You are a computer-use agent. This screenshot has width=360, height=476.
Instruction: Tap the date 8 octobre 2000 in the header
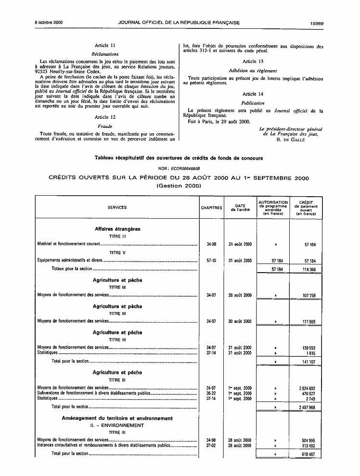coord(49,23)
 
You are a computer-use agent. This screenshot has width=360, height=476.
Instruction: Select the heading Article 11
coord(105,45)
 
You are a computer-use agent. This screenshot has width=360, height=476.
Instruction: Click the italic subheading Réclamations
coord(105,54)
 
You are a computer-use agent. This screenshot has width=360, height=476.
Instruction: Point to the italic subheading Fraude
coord(105,126)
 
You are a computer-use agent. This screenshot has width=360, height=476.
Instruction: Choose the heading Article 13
coord(253,61)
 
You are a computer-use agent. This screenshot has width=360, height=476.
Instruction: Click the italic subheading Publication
coord(253,103)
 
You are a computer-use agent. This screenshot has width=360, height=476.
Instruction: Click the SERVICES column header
coord(117,208)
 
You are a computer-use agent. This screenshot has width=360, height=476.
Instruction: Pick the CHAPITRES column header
coord(211,208)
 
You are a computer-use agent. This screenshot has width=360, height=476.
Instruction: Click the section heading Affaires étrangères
coord(117,229)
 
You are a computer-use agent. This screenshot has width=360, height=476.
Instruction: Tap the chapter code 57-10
coord(211,261)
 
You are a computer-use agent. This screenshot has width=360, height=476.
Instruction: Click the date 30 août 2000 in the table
coord(240,321)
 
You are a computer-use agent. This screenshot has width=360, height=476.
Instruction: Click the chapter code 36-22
coord(211,393)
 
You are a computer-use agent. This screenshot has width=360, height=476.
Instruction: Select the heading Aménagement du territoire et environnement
coord(117,418)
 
